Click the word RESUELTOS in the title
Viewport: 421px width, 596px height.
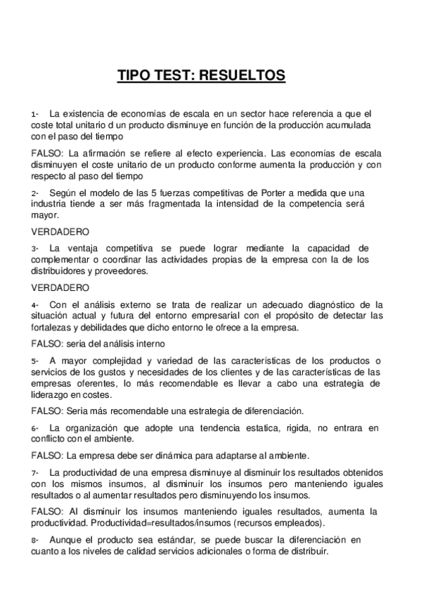point(241,74)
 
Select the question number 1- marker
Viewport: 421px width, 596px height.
point(35,114)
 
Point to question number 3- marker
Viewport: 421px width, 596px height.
point(35,248)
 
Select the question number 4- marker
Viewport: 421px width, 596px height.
point(35,305)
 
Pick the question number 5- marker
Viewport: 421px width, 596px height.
point(35,361)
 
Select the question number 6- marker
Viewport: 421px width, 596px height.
point(35,428)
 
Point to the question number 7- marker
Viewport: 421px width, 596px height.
point(35,472)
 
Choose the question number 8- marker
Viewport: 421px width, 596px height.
point(35,540)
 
